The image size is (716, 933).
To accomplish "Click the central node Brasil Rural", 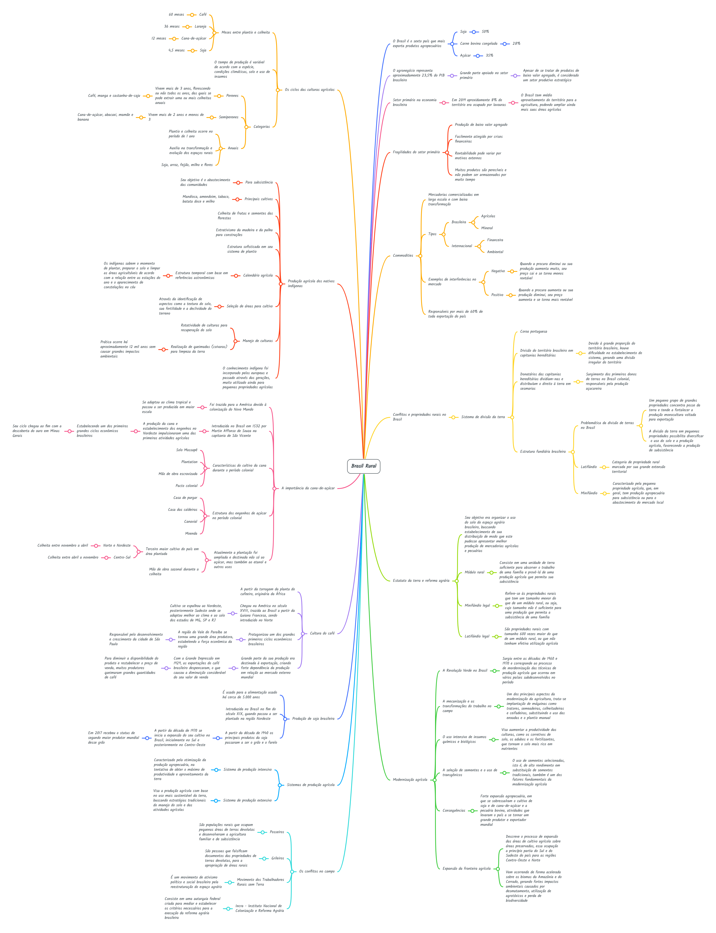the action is point(363,466).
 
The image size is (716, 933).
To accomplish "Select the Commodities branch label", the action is point(403,256).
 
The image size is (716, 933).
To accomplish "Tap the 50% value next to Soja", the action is point(485,32).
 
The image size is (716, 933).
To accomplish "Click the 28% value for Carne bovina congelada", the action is point(516,44).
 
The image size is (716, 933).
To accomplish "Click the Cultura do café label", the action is point(322,633).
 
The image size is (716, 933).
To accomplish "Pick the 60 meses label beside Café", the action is point(176,15).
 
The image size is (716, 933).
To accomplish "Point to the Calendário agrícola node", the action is point(258,275).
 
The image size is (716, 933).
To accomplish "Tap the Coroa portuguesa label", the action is point(534,332).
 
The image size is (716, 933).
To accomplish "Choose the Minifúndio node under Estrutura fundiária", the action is point(589,493).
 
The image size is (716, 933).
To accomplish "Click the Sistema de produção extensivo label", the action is point(247,800).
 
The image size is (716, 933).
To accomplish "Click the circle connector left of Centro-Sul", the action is point(107,558).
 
